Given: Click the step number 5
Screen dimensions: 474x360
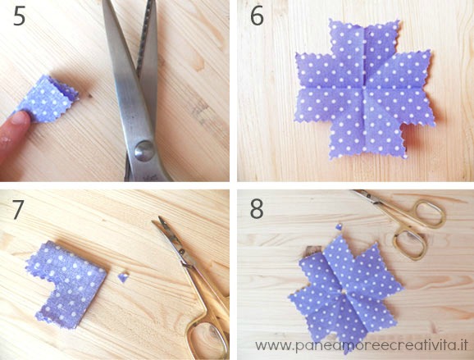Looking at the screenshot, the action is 20,17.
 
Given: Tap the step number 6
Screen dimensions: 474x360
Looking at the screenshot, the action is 257,17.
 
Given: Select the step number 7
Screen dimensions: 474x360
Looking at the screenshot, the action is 18,209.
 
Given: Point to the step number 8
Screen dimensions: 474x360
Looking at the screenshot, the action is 257,209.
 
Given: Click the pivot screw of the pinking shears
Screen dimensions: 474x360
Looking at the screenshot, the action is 144,150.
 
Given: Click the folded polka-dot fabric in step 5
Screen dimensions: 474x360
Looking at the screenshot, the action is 48,99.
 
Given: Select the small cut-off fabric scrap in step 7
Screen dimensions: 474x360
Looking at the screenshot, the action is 123,277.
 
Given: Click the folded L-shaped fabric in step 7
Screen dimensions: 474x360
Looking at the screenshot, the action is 68,284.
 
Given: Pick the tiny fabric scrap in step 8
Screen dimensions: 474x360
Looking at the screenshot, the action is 340,226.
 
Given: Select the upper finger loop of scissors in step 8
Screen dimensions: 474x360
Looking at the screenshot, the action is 429,213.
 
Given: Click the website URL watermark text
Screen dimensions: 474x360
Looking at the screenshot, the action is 362,345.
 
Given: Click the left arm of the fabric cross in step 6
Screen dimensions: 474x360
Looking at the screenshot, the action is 314,88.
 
